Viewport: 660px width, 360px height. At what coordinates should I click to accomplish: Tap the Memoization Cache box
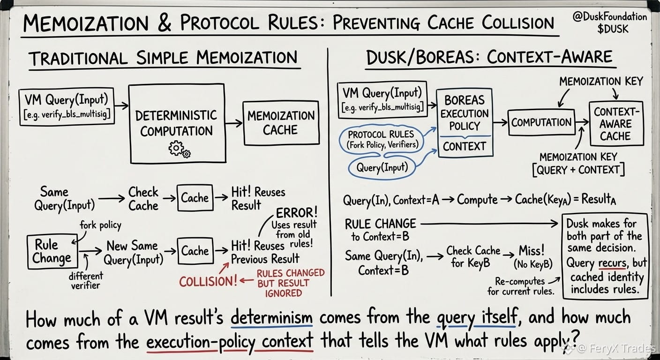tap(281, 123)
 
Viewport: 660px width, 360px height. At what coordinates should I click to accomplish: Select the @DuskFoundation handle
tap(610, 16)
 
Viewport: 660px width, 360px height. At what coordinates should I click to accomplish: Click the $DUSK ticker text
tap(613, 29)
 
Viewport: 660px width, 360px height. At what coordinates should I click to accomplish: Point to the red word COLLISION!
tap(208, 282)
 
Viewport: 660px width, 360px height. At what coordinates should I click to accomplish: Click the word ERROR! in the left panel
tap(297, 213)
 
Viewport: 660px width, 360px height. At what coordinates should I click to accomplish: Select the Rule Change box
tap(52, 252)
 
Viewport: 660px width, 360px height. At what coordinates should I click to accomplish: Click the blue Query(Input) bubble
tap(382, 168)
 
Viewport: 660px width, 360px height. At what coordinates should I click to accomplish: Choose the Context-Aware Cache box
tap(616, 124)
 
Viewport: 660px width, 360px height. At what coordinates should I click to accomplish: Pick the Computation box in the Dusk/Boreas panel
tap(541, 122)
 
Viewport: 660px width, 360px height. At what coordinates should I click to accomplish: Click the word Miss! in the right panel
tap(532, 251)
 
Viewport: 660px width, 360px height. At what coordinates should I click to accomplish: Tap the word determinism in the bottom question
tap(271, 318)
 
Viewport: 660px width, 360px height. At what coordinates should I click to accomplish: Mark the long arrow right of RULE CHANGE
tap(489, 224)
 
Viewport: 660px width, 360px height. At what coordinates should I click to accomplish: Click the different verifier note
tap(85, 280)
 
